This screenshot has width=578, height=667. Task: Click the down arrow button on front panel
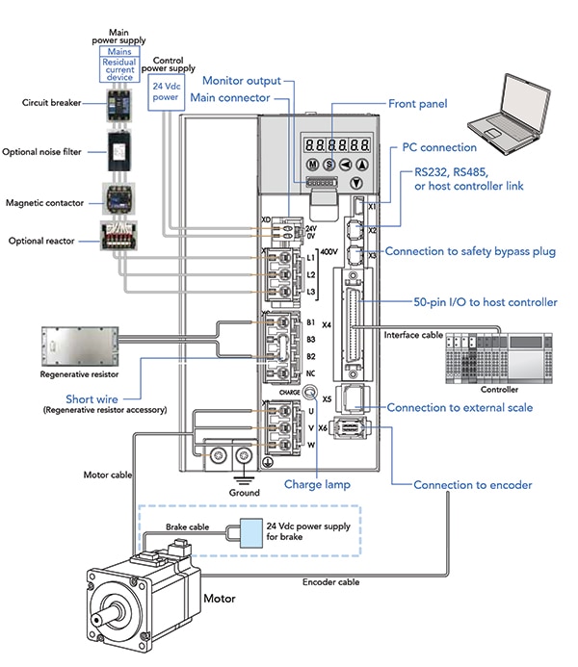pos(357,183)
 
